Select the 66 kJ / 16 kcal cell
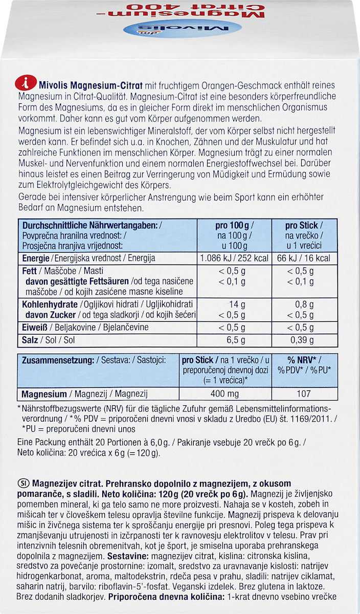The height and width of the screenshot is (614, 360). pos(304,258)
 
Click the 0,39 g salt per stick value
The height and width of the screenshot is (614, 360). pos(304,340)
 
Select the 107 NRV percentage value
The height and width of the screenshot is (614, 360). pos(304,394)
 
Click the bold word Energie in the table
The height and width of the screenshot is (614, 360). pos(36,258)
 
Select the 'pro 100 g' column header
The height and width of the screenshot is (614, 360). pos(234,225)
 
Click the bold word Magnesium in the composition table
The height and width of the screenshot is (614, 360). pos(44,394)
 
